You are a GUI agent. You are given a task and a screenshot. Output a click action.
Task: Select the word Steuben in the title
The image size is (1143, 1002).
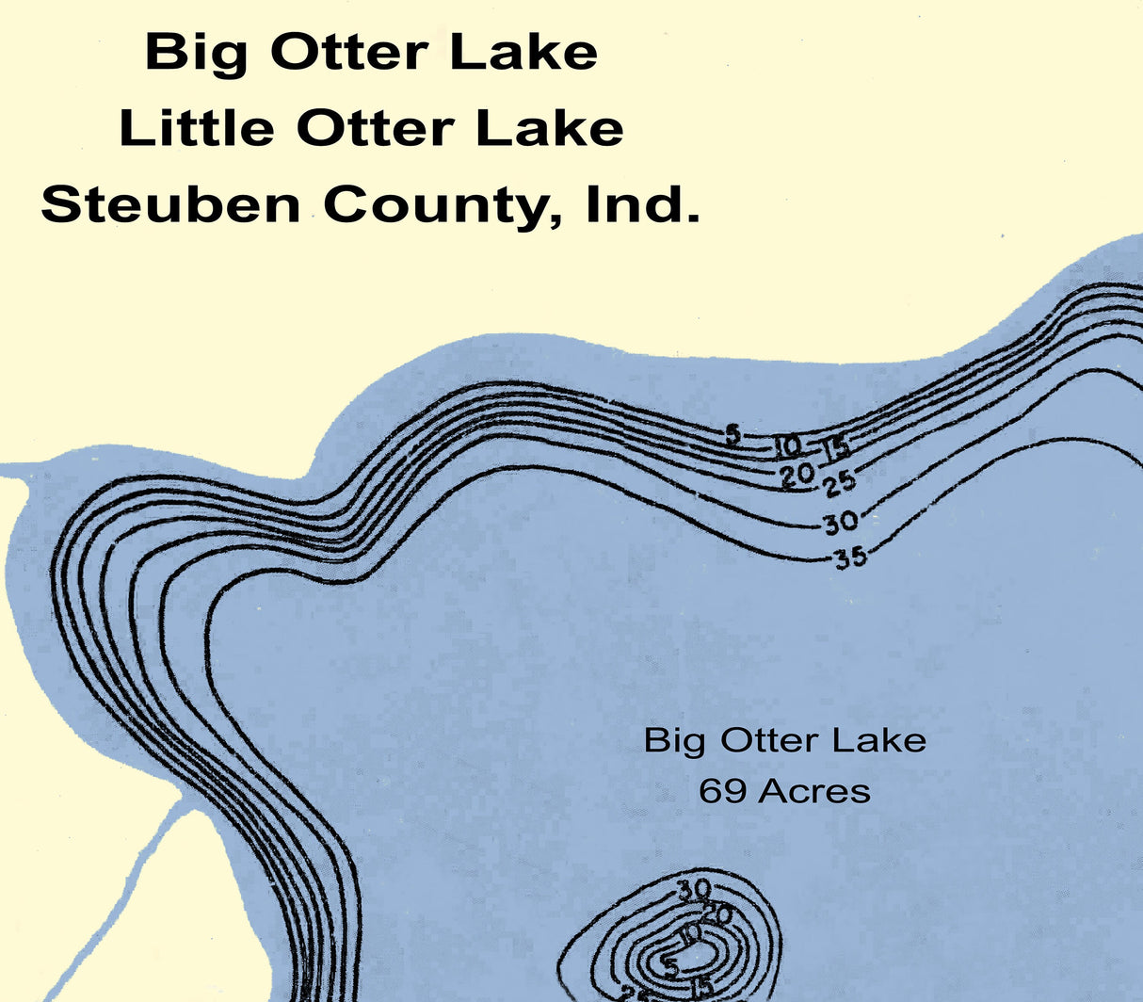(170, 204)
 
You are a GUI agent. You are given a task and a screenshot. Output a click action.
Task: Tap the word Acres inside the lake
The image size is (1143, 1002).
(814, 791)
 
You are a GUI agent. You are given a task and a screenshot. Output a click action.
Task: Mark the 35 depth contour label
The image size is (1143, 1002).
(849, 558)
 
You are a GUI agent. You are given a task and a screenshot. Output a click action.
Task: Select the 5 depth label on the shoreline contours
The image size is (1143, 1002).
(733, 434)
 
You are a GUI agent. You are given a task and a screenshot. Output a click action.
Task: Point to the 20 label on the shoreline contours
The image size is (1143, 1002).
(797, 476)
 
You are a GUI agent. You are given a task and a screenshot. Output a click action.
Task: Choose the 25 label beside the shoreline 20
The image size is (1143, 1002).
(839, 483)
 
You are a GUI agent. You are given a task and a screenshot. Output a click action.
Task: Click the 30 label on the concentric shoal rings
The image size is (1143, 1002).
(694, 887)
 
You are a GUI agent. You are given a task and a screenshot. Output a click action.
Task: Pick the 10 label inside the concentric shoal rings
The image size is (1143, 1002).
(691, 933)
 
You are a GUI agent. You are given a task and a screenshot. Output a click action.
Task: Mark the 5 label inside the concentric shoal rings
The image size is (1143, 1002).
(670, 965)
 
